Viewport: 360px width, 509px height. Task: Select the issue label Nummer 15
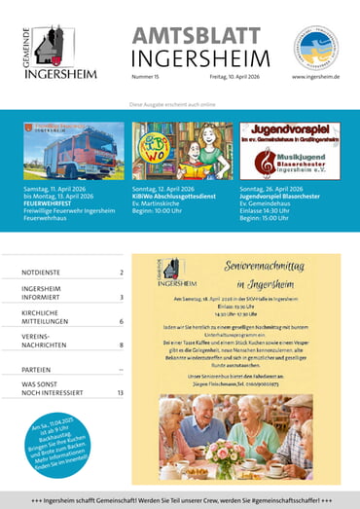[147, 75]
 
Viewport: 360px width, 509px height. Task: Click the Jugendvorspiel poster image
[290, 150]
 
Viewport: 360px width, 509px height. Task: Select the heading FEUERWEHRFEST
[51, 202]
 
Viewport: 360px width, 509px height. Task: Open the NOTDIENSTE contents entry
[47, 273]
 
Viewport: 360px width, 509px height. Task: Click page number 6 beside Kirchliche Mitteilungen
[122, 320]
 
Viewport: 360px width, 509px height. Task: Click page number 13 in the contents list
[120, 392]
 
